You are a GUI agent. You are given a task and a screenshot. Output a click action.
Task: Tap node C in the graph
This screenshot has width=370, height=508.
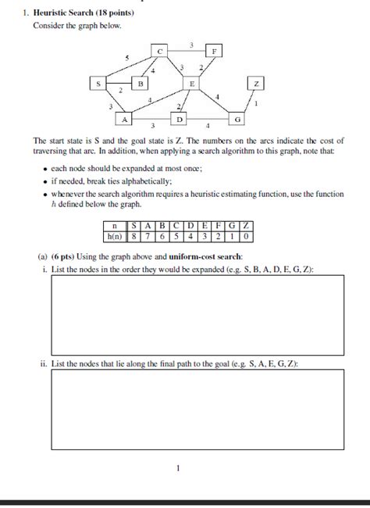click(x=159, y=51)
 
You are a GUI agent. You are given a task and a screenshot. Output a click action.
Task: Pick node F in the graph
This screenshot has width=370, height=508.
click(x=215, y=51)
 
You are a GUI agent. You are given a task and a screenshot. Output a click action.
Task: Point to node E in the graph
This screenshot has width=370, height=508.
click(x=191, y=82)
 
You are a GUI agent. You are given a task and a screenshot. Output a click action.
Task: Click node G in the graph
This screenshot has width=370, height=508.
click(x=237, y=118)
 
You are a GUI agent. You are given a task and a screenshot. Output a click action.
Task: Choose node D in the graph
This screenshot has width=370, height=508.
click(x=180, y=119)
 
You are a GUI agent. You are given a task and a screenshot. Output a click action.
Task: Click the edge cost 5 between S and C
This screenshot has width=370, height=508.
click(x=126, y=58)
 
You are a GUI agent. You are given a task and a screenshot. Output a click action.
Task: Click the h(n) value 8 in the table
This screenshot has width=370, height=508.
click(x=134, y=235)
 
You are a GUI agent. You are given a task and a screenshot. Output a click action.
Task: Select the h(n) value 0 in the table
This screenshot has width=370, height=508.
click(x=247, y=235)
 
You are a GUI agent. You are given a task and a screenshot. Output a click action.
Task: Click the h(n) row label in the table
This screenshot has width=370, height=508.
click(x=114, y=235)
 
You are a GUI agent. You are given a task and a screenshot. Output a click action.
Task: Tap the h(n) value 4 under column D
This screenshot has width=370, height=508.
click(x=190, y=235)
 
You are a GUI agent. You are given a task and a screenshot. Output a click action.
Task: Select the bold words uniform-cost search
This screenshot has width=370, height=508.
click(x=206, y=256)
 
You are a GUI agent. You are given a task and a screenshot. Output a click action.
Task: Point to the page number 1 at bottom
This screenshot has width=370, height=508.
click(x=178, y=468)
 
